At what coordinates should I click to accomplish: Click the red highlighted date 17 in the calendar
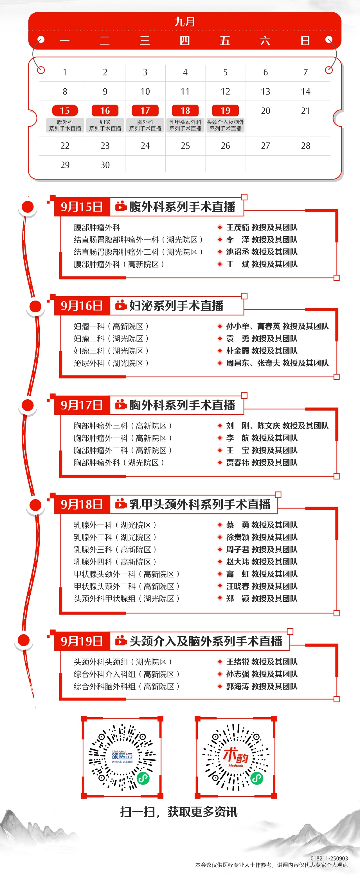click(x=145, y=111)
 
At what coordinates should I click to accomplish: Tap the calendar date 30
click(x=105, y=165)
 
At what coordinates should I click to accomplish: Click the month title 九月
click(x=184, y=22)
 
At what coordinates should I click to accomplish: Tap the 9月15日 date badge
click(x=82, y=207)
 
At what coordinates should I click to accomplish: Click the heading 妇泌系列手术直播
click(x=176, y=306)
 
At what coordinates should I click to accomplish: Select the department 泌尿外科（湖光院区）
click(x=111, y=363)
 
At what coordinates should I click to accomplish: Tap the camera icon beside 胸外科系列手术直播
click(x=121, y=405)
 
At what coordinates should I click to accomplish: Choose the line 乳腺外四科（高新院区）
click(x=115, y=562)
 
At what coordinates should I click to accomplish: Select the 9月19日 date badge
click(x=82, y=641)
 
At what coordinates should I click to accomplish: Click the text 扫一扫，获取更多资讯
click(x=179, y=812)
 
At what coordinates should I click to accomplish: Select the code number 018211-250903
click(x=329, y=858)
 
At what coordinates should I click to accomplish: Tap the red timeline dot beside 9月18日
click(x=35, y=505)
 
